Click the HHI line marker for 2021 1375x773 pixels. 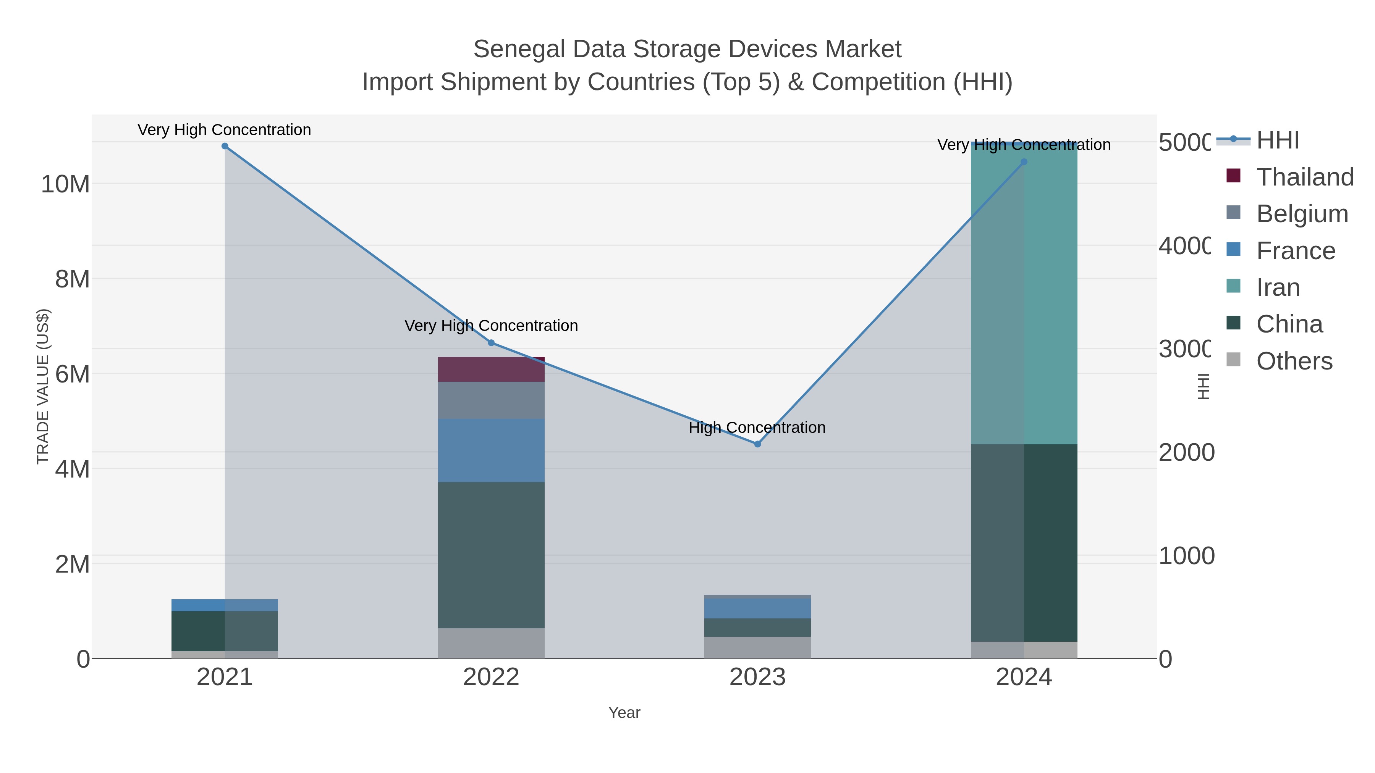coord(225,146)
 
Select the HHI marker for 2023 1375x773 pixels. coord(757,444)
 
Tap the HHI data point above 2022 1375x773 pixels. coord(491,343)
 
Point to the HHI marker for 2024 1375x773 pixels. coord(1024,161)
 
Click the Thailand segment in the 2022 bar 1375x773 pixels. coord(491,369)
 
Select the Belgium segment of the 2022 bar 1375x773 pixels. coord(491,400)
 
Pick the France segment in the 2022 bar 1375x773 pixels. coord(491,450)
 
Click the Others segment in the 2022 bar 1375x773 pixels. coord(491,643)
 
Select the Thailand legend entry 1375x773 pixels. coord(1305,177)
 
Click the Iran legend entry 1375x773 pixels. coord(1278,287)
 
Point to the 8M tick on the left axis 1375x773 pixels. coord(72,279)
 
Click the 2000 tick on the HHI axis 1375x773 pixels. coord(1186,452)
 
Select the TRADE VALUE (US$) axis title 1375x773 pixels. coord(43,386)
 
